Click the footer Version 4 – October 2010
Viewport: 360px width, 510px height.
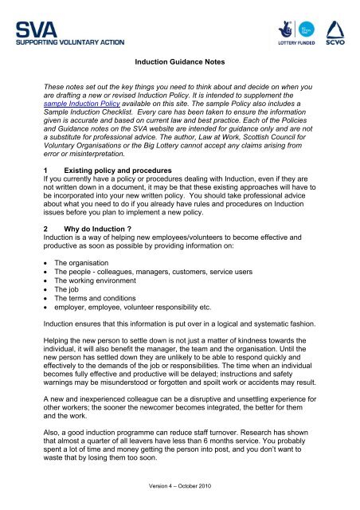pyautogui.click(x=179, y=487)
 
